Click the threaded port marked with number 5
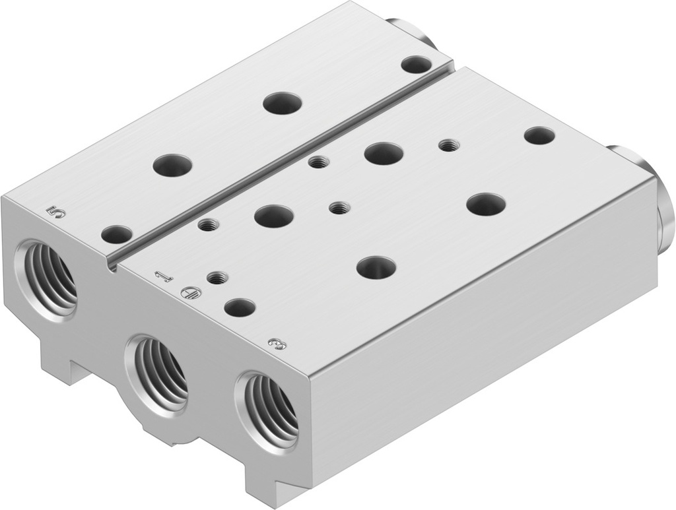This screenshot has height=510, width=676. (50, 277)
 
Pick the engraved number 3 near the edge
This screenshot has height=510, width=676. (280, 344)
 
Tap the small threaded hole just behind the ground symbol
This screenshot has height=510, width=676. (217, 277)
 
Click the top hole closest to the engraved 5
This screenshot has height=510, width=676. (117, 233)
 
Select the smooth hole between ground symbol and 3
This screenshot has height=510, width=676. (240, 307)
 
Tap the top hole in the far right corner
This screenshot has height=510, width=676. (539, 136)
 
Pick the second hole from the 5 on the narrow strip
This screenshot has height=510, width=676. (172, 164)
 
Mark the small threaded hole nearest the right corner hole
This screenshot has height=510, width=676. (450, 144)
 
